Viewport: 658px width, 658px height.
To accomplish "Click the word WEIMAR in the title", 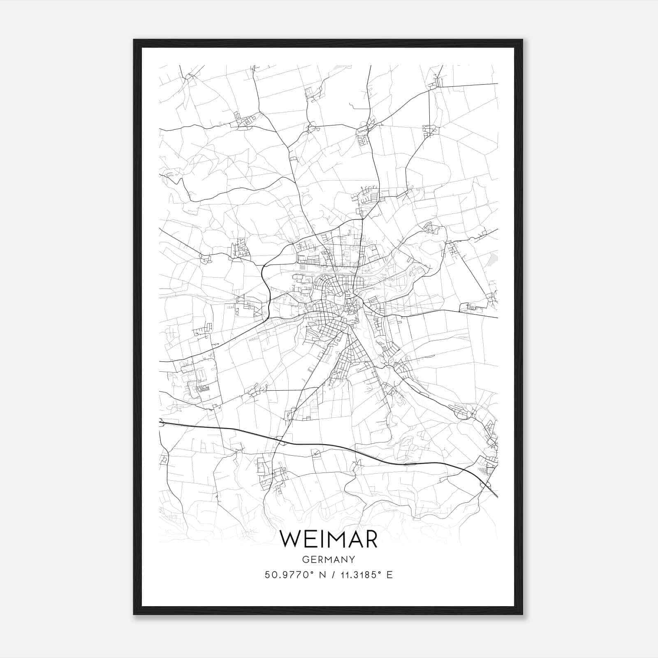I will (x=328, y=539).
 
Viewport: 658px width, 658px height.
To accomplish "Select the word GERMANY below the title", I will (x=328, y=559).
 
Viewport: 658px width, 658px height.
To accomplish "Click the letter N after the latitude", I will (x=322, y=575).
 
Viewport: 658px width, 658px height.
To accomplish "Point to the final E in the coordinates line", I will (x=389, y=575).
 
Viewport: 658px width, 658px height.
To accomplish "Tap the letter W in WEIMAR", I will (x=290, y=539).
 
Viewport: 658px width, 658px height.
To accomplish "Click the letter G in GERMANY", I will (x=304, y=559).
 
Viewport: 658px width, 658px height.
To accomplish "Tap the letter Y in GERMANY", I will (x=352, y=559).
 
